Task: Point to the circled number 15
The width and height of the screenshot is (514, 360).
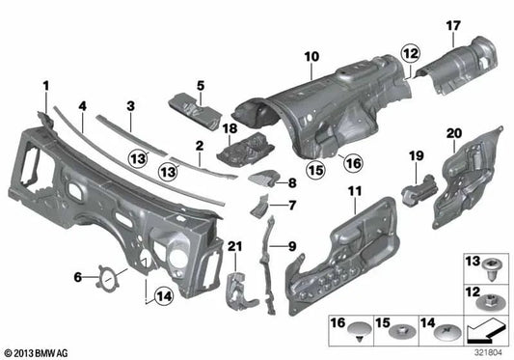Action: (315, 171)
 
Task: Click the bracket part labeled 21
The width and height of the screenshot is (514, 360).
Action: (233, 281)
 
